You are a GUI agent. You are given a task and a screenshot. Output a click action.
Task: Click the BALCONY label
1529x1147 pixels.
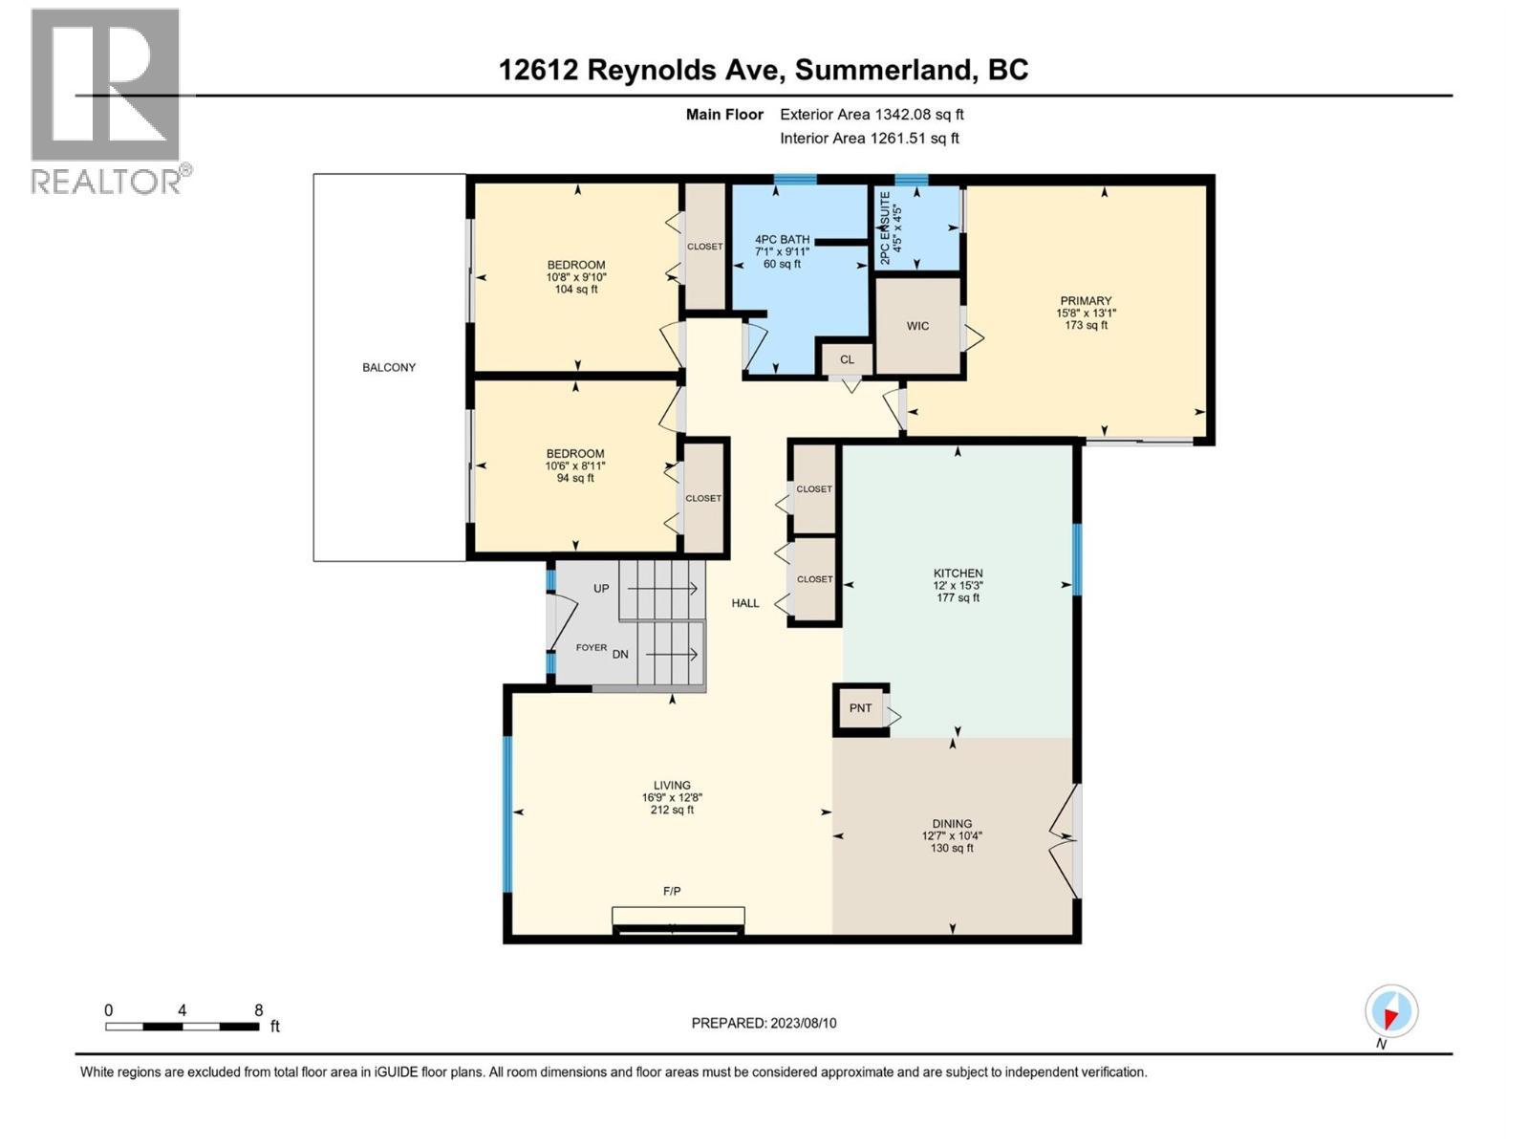tap(389, 367)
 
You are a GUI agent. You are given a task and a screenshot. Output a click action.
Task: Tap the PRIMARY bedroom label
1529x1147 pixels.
tap(1086, 301)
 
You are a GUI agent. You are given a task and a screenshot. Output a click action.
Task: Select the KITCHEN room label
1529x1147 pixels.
tap(958, 573)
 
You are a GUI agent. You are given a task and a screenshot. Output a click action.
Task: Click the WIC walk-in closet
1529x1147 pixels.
tap(918, 326)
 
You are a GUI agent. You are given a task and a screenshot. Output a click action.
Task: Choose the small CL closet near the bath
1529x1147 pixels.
tap(847, 359)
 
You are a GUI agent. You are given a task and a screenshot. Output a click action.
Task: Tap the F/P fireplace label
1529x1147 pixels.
tap(672, 891)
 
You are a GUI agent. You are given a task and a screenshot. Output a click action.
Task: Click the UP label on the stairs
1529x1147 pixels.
tap(601, 589)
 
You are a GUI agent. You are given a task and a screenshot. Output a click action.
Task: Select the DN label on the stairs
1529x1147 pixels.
tap(620, 654)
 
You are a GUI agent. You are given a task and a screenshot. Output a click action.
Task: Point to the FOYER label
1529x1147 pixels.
tap(592, 648)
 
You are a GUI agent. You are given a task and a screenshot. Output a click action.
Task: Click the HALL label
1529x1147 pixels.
tap(745, 603)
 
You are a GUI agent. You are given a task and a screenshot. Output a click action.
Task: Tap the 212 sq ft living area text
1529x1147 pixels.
tap(672, 810)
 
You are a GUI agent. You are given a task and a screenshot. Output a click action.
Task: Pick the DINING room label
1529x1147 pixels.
tap(952, 823)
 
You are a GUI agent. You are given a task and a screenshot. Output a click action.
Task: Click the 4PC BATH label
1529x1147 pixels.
tap(783, 239)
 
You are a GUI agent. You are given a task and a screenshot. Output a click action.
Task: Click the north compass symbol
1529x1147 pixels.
tap(1391, 1012)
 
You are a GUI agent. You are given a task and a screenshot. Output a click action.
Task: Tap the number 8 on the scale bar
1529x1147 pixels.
tap(258, 1009)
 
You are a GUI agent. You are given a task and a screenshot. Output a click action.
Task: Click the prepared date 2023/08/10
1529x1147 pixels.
tap(803, 1023)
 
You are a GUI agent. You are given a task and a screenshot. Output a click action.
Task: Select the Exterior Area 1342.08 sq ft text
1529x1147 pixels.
tap(872, 114)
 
